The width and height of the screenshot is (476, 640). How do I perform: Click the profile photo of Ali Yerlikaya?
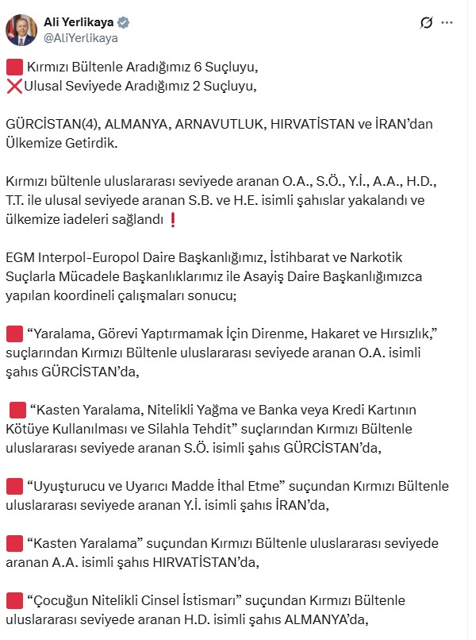click(21, 29)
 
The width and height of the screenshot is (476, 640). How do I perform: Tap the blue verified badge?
click(125, 21)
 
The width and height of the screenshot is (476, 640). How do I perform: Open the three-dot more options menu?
click(450, 24)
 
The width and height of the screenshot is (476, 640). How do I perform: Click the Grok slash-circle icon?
click(426, 23)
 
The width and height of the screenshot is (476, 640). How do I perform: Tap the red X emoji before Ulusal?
click(13, 87)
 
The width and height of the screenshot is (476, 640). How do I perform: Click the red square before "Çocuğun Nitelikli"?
click(13, 601)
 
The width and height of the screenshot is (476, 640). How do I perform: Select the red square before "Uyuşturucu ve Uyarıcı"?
click(13, 485)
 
